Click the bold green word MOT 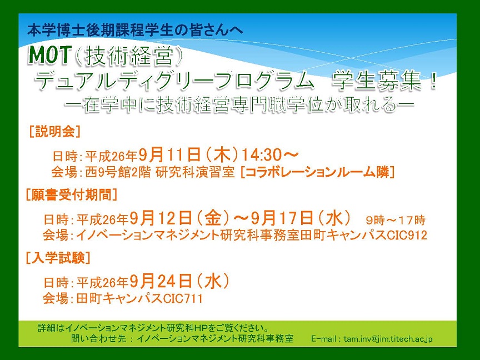coord(49,55)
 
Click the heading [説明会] coord(55,132)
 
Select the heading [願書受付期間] coord(72,194)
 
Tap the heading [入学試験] coord(58,258)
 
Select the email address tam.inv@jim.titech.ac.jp coord(388,339)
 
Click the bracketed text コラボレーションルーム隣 coord(317,172)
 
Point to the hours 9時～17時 coord(396,220)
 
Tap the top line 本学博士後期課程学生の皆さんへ coord(136,31)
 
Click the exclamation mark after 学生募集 coord(433,81)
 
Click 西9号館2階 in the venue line coord(118,172)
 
